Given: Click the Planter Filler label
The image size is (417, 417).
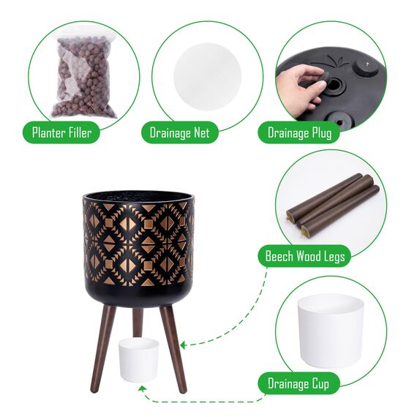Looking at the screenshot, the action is pos(61,132).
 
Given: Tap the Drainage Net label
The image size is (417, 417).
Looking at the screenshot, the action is pos(179,132).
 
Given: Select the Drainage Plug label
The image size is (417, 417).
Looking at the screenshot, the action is pos(299,132).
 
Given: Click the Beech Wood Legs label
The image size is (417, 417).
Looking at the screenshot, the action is pos(305,256).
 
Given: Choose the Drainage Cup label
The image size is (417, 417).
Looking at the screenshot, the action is pos(298,383).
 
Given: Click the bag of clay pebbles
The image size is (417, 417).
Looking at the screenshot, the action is pos(84,76).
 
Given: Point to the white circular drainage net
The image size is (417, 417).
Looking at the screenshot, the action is pos(208,77).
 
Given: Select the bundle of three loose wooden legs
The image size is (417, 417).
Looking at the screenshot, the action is pos(333,205).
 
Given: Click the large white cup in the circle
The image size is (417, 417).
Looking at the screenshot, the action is pos(331,331).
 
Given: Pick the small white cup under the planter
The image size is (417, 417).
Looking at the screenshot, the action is pos(139,360).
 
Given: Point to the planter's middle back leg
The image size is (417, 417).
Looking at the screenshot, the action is pos(138,323).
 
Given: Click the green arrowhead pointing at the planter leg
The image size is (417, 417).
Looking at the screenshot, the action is pos(183,345).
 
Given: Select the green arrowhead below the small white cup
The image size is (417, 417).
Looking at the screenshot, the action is pos(143,388).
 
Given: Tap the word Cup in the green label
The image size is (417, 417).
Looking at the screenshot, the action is pos(320,384).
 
